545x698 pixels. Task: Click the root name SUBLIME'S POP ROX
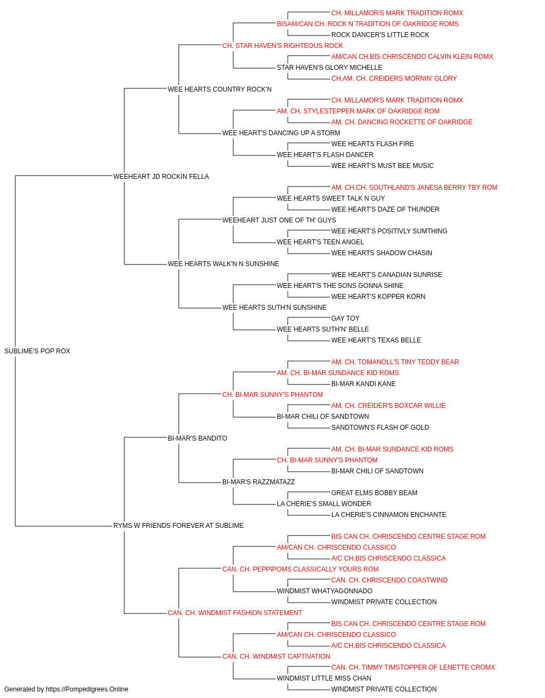pyautogui.click(x=37, y=351)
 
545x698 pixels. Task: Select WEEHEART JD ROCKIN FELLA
pyautogui.click(x=161, y=176)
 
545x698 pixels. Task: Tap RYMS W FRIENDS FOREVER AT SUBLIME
pyautogui.click(x=178, y=526)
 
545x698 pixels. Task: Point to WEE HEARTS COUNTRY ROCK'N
pyautogui.click(x=220, y=89)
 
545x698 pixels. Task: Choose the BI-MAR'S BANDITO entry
pyautogui.click(x=197, y=438)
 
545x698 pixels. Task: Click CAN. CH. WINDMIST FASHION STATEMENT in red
pyautogui.click(x=235, y=613)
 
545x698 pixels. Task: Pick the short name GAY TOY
pyautogui.click(x=346, y=318)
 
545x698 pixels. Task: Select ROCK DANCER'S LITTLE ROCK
pyautogui.click(x=380, y=35)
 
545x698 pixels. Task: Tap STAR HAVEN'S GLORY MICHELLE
pyautogui.click(x=329, y=68)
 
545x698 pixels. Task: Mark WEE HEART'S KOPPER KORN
pyautogui.click(x=378, y=297)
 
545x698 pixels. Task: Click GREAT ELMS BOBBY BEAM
pyautogui.click(x=374, y=493)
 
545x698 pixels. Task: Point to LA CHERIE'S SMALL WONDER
pyautogui.click(x=324, y=504)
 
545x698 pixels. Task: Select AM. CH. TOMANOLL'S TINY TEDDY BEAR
pyautogui.click(x=395, y=362)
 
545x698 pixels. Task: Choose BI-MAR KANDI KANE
pyautogui.click(x=364, y=384)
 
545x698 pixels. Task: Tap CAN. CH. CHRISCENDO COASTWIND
pyautogui.click(x=389, y=580)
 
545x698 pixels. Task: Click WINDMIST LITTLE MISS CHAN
pyautogui.click(x=324, y=678)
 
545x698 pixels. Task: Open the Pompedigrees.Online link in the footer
pyautogui.click(x=87, y=689)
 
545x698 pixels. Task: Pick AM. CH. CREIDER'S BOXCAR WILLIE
pyautogui.click(x=389, y=406)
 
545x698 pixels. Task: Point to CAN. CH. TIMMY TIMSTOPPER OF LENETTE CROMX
pyautogui.click(x=413, y=667)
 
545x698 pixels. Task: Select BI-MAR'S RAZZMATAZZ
pyautogui.click(x=258, y=482)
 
